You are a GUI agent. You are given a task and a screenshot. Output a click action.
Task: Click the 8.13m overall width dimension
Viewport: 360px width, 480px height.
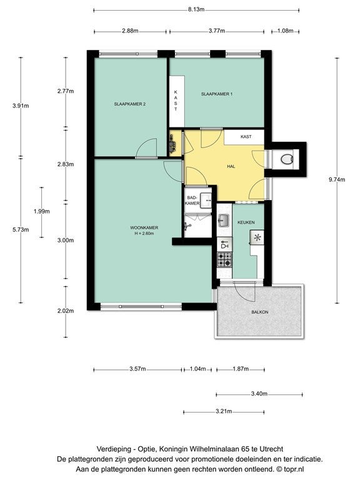(x=196, y=9)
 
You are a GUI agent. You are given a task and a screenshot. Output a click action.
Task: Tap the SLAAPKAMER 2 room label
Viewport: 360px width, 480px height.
(x=130, y=104)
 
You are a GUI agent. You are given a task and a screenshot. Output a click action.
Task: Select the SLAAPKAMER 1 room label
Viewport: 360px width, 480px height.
(x=217, y=94)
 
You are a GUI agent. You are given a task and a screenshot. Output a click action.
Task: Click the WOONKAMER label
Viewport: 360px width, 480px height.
(x=144, y=227)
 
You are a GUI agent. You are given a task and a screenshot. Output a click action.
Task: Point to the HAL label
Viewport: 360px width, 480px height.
(x=231, y=166)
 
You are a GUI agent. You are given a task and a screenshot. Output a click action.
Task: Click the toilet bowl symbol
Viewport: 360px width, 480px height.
(x=287, y=159)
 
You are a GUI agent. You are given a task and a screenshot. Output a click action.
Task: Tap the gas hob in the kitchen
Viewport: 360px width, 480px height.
(x=224, y=259)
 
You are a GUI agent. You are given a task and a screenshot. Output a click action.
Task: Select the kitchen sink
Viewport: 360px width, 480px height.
(x=224, y=220)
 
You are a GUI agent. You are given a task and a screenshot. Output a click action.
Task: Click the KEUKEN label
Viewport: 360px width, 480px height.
(x=246, y=222)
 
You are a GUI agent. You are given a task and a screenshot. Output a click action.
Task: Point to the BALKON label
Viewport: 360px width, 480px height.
(x=260, y=312)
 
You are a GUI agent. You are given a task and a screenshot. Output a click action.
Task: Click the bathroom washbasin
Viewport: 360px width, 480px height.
(x=206, y=201)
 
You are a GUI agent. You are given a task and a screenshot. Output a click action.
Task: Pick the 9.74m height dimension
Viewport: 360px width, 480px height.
(x=337, y=180)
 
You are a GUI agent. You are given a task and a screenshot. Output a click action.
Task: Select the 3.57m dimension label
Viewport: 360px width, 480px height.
(x=137, y=369)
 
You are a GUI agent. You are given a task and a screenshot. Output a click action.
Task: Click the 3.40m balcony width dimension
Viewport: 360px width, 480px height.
(x=259, y=394)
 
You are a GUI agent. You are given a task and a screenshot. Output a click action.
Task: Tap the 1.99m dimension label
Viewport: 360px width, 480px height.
(x=42, y=211)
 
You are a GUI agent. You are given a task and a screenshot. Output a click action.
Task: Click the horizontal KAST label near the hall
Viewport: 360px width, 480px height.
(x=246, y=136)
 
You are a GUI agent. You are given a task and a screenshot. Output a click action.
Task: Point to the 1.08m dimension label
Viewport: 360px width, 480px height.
(x=285, y=31)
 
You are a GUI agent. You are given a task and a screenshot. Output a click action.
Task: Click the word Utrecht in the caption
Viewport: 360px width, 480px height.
(x=271, y=449)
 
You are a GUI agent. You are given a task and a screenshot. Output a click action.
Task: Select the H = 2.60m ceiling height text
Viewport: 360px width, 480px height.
(x=144, y=234)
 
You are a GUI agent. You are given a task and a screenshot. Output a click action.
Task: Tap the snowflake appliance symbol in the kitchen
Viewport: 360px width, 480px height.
(x=257, y=237)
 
